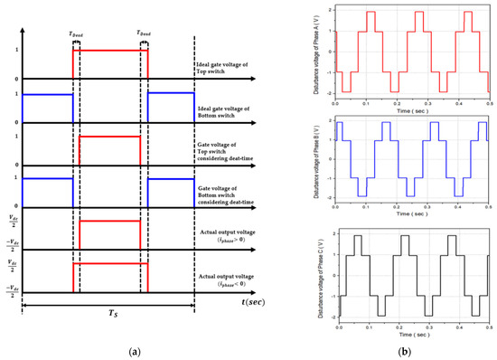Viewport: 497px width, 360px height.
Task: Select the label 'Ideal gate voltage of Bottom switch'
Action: [230, 107]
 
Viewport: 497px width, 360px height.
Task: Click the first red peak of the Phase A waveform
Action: [371, 13]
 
